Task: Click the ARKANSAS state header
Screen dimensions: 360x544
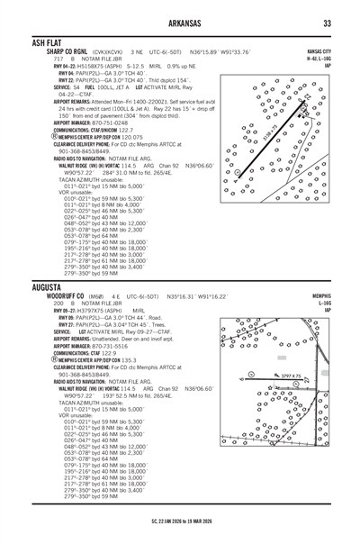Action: pos(179,23)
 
